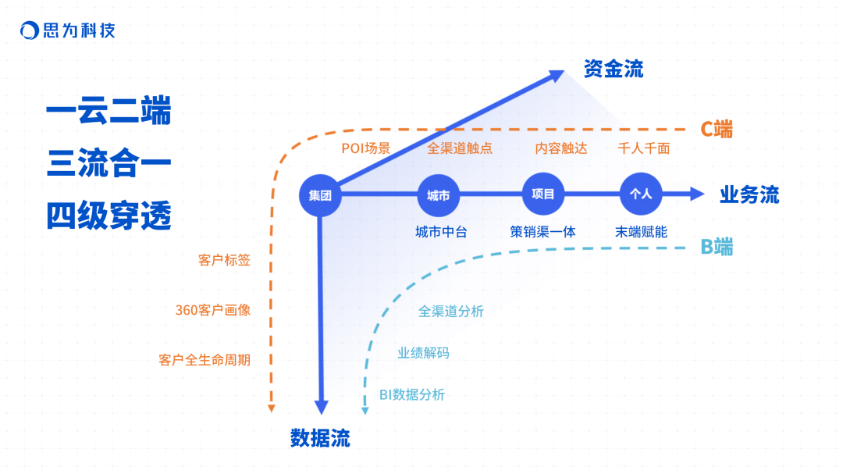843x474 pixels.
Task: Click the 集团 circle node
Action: [x=320, y=195]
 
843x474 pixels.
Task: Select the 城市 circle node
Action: [x=438, y=195]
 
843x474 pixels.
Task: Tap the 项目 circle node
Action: [x=542, y=194]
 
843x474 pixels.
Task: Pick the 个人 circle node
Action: [x=640, y=194]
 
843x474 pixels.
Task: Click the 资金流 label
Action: [x=614, y=69]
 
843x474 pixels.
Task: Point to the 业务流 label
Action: [x=749, y=195]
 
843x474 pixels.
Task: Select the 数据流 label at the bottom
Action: [x=320, y=438]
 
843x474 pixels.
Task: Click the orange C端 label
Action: [x=716, y=130]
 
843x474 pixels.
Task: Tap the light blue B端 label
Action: [x=717, y=248]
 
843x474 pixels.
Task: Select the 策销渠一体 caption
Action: [x=542, y=232]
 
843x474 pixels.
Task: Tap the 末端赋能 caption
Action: [x=641, y=232]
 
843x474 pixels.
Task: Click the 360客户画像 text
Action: [x=212, y=310]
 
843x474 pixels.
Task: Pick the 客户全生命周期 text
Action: [x=205, y=360]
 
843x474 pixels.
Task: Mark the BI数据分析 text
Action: [x=412, y=395]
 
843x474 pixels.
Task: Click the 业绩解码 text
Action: [x=423, y=353]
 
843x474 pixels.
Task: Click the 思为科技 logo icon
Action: [x=29, y=31]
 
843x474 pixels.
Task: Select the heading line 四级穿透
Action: [x=108, y=215]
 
